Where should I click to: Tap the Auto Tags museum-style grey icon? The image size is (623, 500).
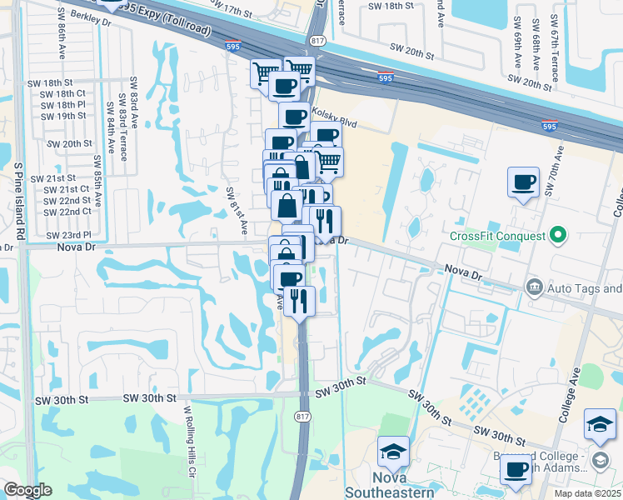(x=533, y=288)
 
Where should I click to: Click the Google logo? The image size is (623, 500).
(x=27, y=490)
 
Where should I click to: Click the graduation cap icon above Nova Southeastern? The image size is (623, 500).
(x=393, y=452)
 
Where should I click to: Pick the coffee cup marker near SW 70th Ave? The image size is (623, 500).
(x=524, y=182)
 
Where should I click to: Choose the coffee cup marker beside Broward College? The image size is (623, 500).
(x=516, y=468)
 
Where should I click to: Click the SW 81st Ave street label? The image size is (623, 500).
(x=237, y=209)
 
